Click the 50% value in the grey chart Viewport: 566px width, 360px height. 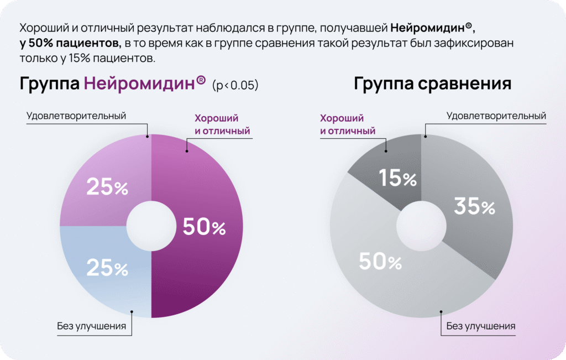380,262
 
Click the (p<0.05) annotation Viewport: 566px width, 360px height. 235,86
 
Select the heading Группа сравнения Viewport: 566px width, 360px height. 432,84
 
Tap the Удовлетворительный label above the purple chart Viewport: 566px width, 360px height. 76,116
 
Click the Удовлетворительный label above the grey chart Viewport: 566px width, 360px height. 496,116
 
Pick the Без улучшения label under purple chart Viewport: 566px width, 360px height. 91,326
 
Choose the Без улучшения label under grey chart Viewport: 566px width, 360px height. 481,326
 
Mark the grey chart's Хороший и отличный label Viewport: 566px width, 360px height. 348,124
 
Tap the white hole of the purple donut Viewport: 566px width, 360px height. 151,226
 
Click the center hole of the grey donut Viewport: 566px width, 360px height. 421,226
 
